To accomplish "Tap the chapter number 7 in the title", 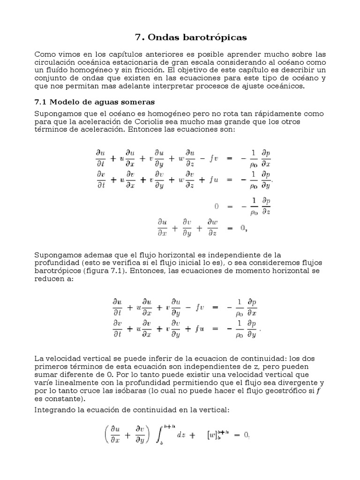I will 138,37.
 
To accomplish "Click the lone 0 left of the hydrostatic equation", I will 216,205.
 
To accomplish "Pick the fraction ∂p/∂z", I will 265,206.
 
